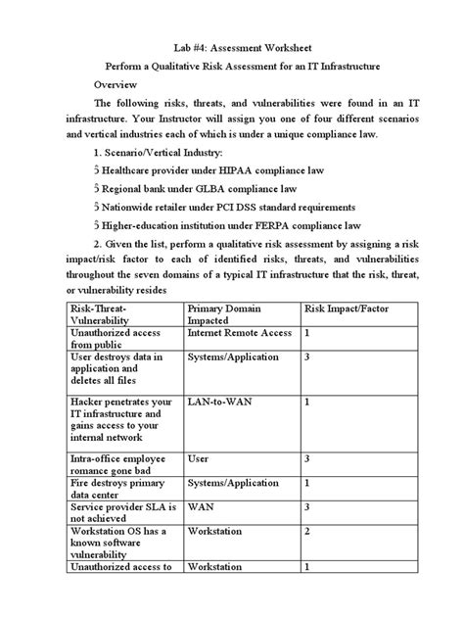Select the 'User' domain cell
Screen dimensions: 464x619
[x=199, y=457]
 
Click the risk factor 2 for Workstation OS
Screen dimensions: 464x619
[x=307, y=530]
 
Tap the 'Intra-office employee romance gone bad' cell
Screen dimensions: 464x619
[x=120, y=463]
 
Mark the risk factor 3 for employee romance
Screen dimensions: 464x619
[x=307, y=457]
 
